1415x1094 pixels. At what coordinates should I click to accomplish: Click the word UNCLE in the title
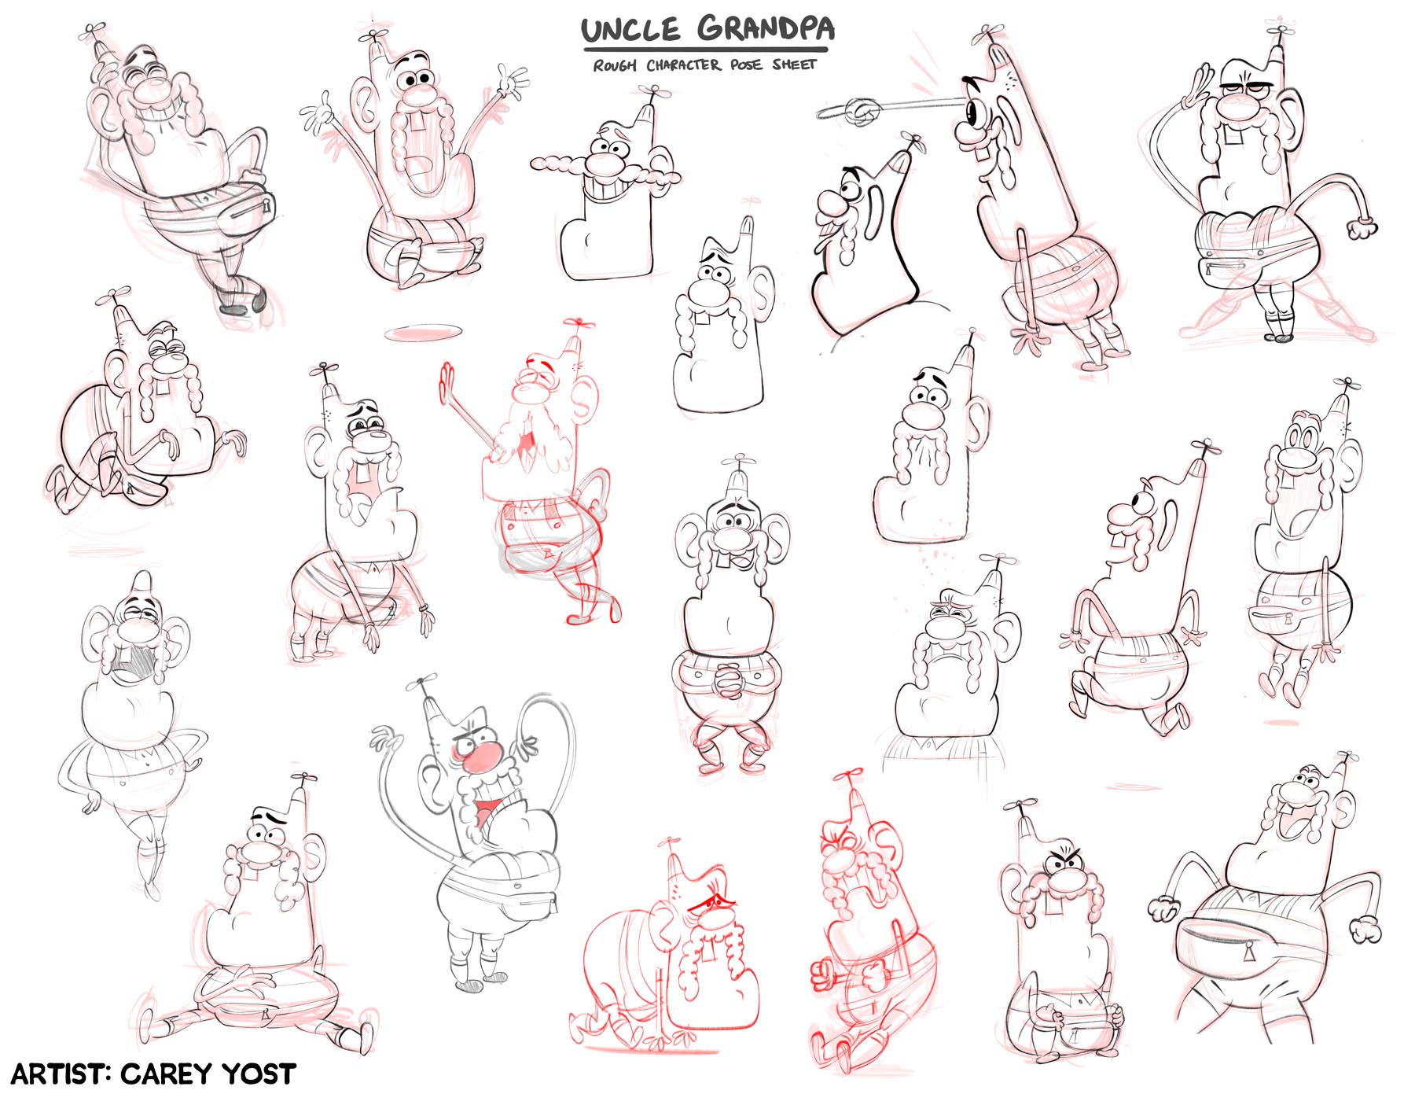[630, 30]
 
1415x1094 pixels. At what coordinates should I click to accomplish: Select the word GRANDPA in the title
[766, 28]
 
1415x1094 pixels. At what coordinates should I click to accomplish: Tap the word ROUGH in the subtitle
[615, 65]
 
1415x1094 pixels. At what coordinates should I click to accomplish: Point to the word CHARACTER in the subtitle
[683, 64]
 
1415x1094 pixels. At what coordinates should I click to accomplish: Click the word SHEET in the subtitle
[794, 64]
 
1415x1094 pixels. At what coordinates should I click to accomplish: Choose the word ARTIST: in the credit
[60, 1074]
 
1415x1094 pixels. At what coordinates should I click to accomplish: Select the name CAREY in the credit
[166, 1074]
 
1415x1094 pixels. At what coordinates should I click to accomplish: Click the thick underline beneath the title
[705, 50]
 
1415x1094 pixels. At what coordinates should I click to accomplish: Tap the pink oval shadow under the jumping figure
[421, 333]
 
